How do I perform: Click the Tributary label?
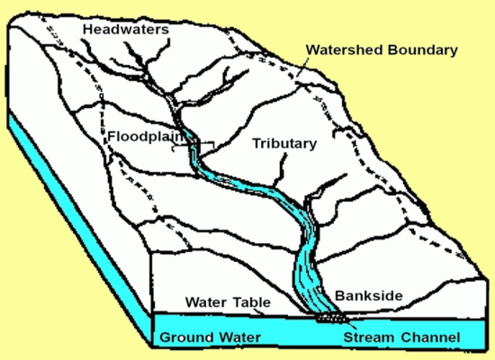(x=283, y=143)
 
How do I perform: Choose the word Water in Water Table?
(x=204, y=302)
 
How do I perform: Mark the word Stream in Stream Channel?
(x=368, y=338)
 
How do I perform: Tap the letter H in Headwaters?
(x=87, y=30)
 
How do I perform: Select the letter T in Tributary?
(x=256, y=143)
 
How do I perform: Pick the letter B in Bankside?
(x=339, y=294)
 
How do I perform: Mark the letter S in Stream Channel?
(x=346, y=338)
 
